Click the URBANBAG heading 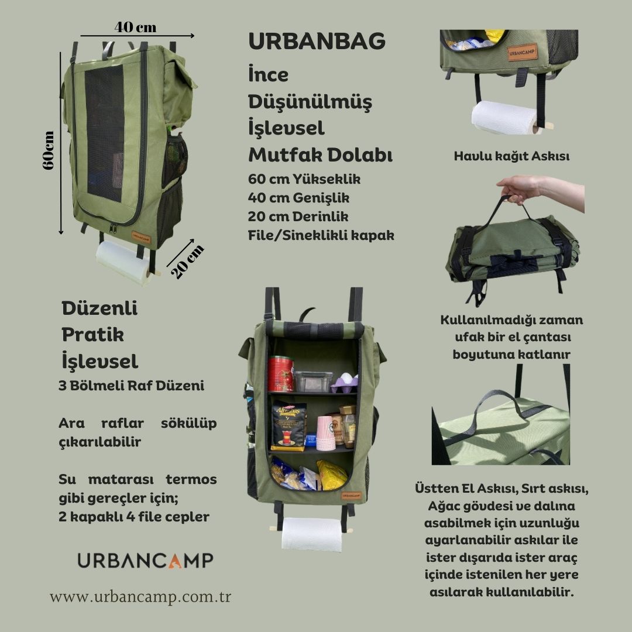317,41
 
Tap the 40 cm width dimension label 135,27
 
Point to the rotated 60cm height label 48,150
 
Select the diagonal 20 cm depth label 187,262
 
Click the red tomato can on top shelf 280,373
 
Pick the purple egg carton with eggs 345,383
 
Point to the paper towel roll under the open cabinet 311,534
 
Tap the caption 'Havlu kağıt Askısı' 511,156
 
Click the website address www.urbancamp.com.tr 140,596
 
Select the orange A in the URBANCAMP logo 176,561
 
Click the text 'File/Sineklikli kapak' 321,235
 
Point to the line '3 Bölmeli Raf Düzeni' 132,385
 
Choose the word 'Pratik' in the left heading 92,335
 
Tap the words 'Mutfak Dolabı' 321,154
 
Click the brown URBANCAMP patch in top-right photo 522,53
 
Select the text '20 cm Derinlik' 298,217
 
